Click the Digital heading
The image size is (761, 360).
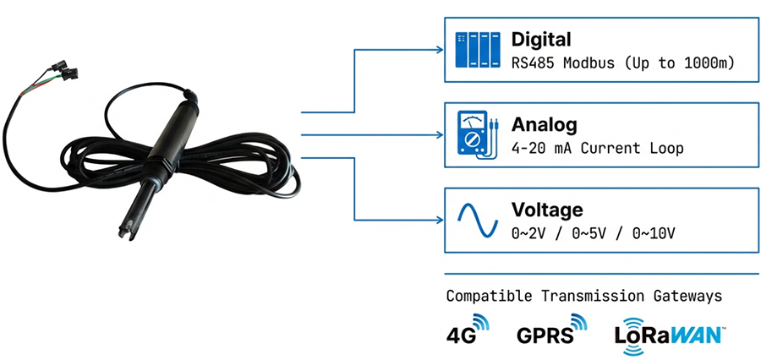[x=541, y=39]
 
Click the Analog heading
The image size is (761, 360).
[x=544, y=125]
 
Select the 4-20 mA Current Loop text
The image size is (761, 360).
[x=596, y=149]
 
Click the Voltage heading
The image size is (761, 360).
[x=546, y=210]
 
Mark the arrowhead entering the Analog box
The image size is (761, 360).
[x=441, y=135]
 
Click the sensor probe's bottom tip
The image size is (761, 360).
[x=120, y=230]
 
